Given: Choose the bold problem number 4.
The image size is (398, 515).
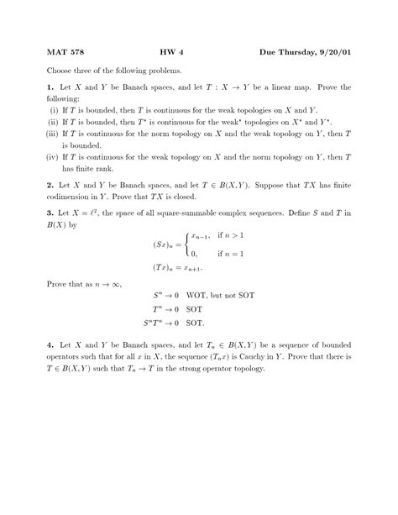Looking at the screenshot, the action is click(50, 345).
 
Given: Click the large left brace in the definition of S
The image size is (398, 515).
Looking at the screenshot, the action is click(187, 243).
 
